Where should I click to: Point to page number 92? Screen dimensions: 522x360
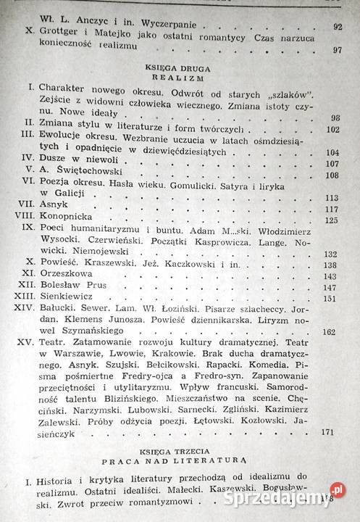337,27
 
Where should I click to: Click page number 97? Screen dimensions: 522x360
336,50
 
